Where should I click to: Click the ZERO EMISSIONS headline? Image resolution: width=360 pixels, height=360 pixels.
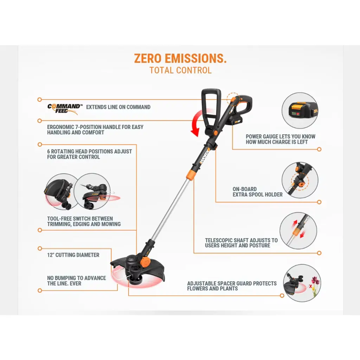click(180, 59)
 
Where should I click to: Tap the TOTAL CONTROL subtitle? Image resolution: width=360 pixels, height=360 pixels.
click(180, 70)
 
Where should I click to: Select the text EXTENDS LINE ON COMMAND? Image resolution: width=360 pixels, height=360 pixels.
click(118, 107)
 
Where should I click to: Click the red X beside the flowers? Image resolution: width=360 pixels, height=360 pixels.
click(310, 286)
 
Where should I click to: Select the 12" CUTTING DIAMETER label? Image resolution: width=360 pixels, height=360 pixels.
click(73, 255)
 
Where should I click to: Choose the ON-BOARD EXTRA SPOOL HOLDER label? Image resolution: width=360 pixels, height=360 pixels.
click(257, 192)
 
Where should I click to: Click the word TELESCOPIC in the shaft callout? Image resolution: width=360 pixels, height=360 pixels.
click(221, 240)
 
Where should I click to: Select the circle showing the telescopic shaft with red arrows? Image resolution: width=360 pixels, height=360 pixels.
click(298, 231)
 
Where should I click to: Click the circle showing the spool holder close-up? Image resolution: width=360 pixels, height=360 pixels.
click(300, 180)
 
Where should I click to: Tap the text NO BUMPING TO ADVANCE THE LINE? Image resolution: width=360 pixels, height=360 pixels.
click(76, 281)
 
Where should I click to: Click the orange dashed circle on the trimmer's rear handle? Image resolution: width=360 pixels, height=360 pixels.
click(233, 99)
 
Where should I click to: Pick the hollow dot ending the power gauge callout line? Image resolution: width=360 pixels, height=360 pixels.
click(319, 149)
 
